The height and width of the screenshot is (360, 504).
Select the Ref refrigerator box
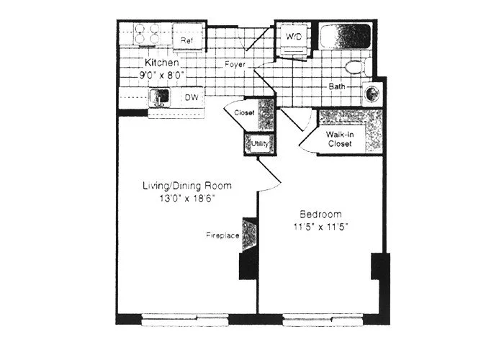click(187, 40)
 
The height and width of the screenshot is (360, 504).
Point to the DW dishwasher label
click(192, 96)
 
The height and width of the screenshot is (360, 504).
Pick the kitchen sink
click(160, 96)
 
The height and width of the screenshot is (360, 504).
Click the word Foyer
click(234, 64)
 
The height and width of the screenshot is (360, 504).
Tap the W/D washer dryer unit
click(294, 37)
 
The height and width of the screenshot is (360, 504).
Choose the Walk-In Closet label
click(339, 139)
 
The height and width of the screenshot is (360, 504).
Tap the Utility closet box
click(258, 143)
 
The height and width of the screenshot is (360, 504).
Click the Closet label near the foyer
click(245, 113)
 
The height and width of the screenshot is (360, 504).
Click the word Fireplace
click(222, 235)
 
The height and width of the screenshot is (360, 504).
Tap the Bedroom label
click(320, 215)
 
